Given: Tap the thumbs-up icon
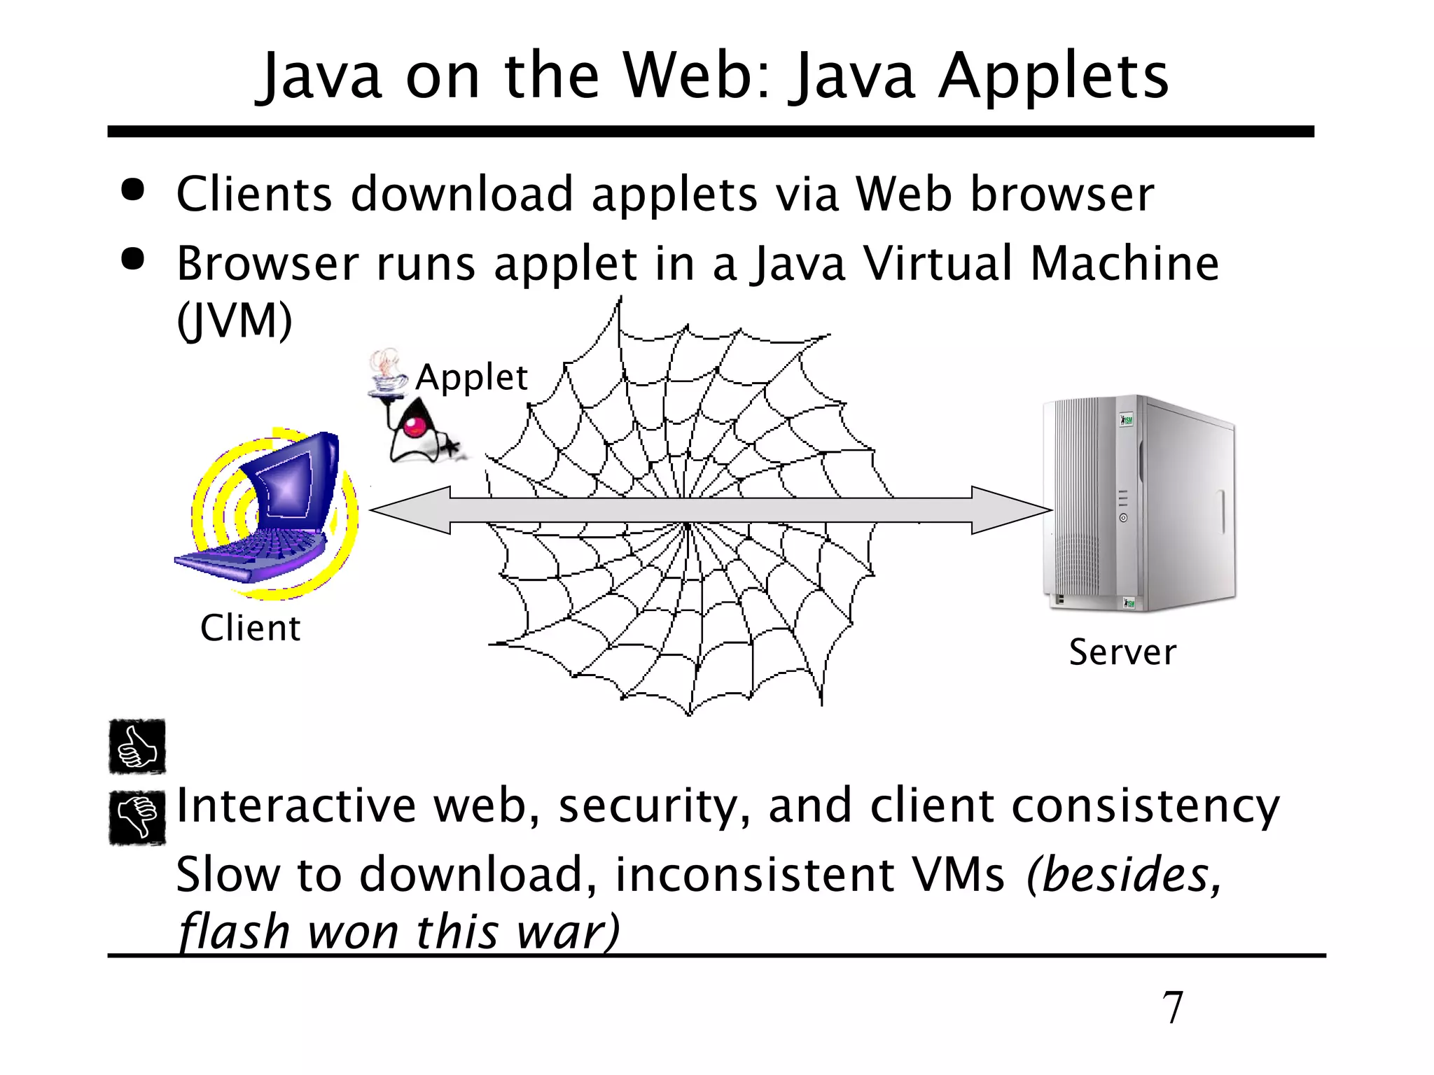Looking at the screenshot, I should [x=137, y=747].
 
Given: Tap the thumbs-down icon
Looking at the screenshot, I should [x=137, y=817].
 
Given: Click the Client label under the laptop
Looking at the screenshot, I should [x=250, y=628].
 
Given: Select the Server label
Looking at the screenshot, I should [x=1122, y=652].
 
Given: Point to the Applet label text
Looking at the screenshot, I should [x=471, y=377].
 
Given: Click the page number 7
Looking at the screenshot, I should [x=1172, y=1007].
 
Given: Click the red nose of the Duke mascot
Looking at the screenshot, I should [x=415, y=426].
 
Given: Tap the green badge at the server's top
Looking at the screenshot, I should [x=1127, y=420].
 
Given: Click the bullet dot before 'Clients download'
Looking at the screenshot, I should [x=132, y=190].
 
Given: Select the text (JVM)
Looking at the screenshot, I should [x=234, y=321].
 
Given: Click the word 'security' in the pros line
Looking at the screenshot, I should [x=654, y=806].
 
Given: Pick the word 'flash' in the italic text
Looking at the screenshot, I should [x=234, y=932].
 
